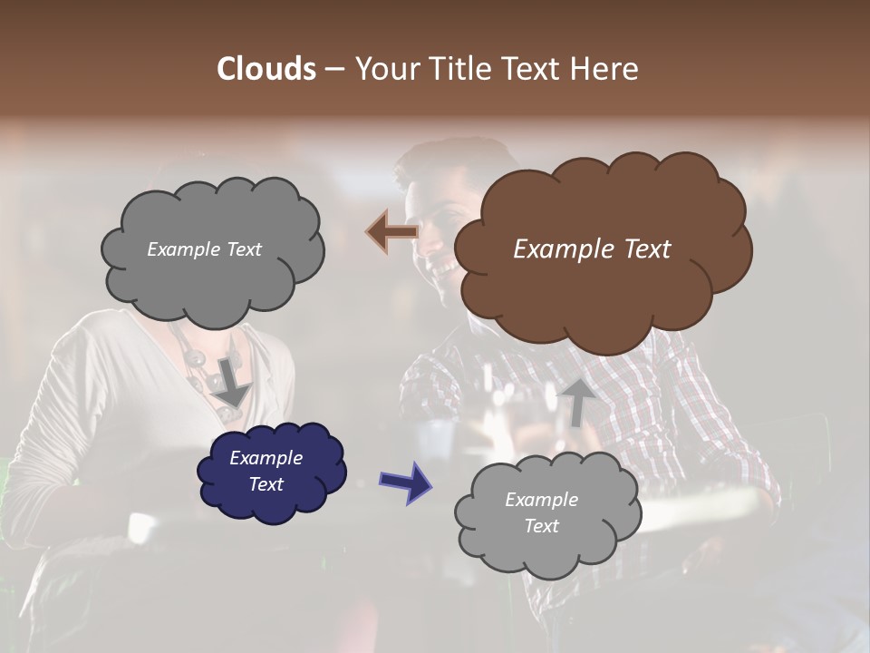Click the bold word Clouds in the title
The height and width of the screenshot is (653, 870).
tap(266, 69)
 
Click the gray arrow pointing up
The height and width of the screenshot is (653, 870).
tap(577, 402)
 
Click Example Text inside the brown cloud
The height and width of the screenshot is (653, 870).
tap(592, 249)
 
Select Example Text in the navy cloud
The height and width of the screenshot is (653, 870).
tap(266, 471)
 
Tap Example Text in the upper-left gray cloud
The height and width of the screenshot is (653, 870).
tap(204, 249)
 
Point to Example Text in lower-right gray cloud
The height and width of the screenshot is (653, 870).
tap(541, 512)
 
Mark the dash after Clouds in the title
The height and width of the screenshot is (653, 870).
tap(334, 70)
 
